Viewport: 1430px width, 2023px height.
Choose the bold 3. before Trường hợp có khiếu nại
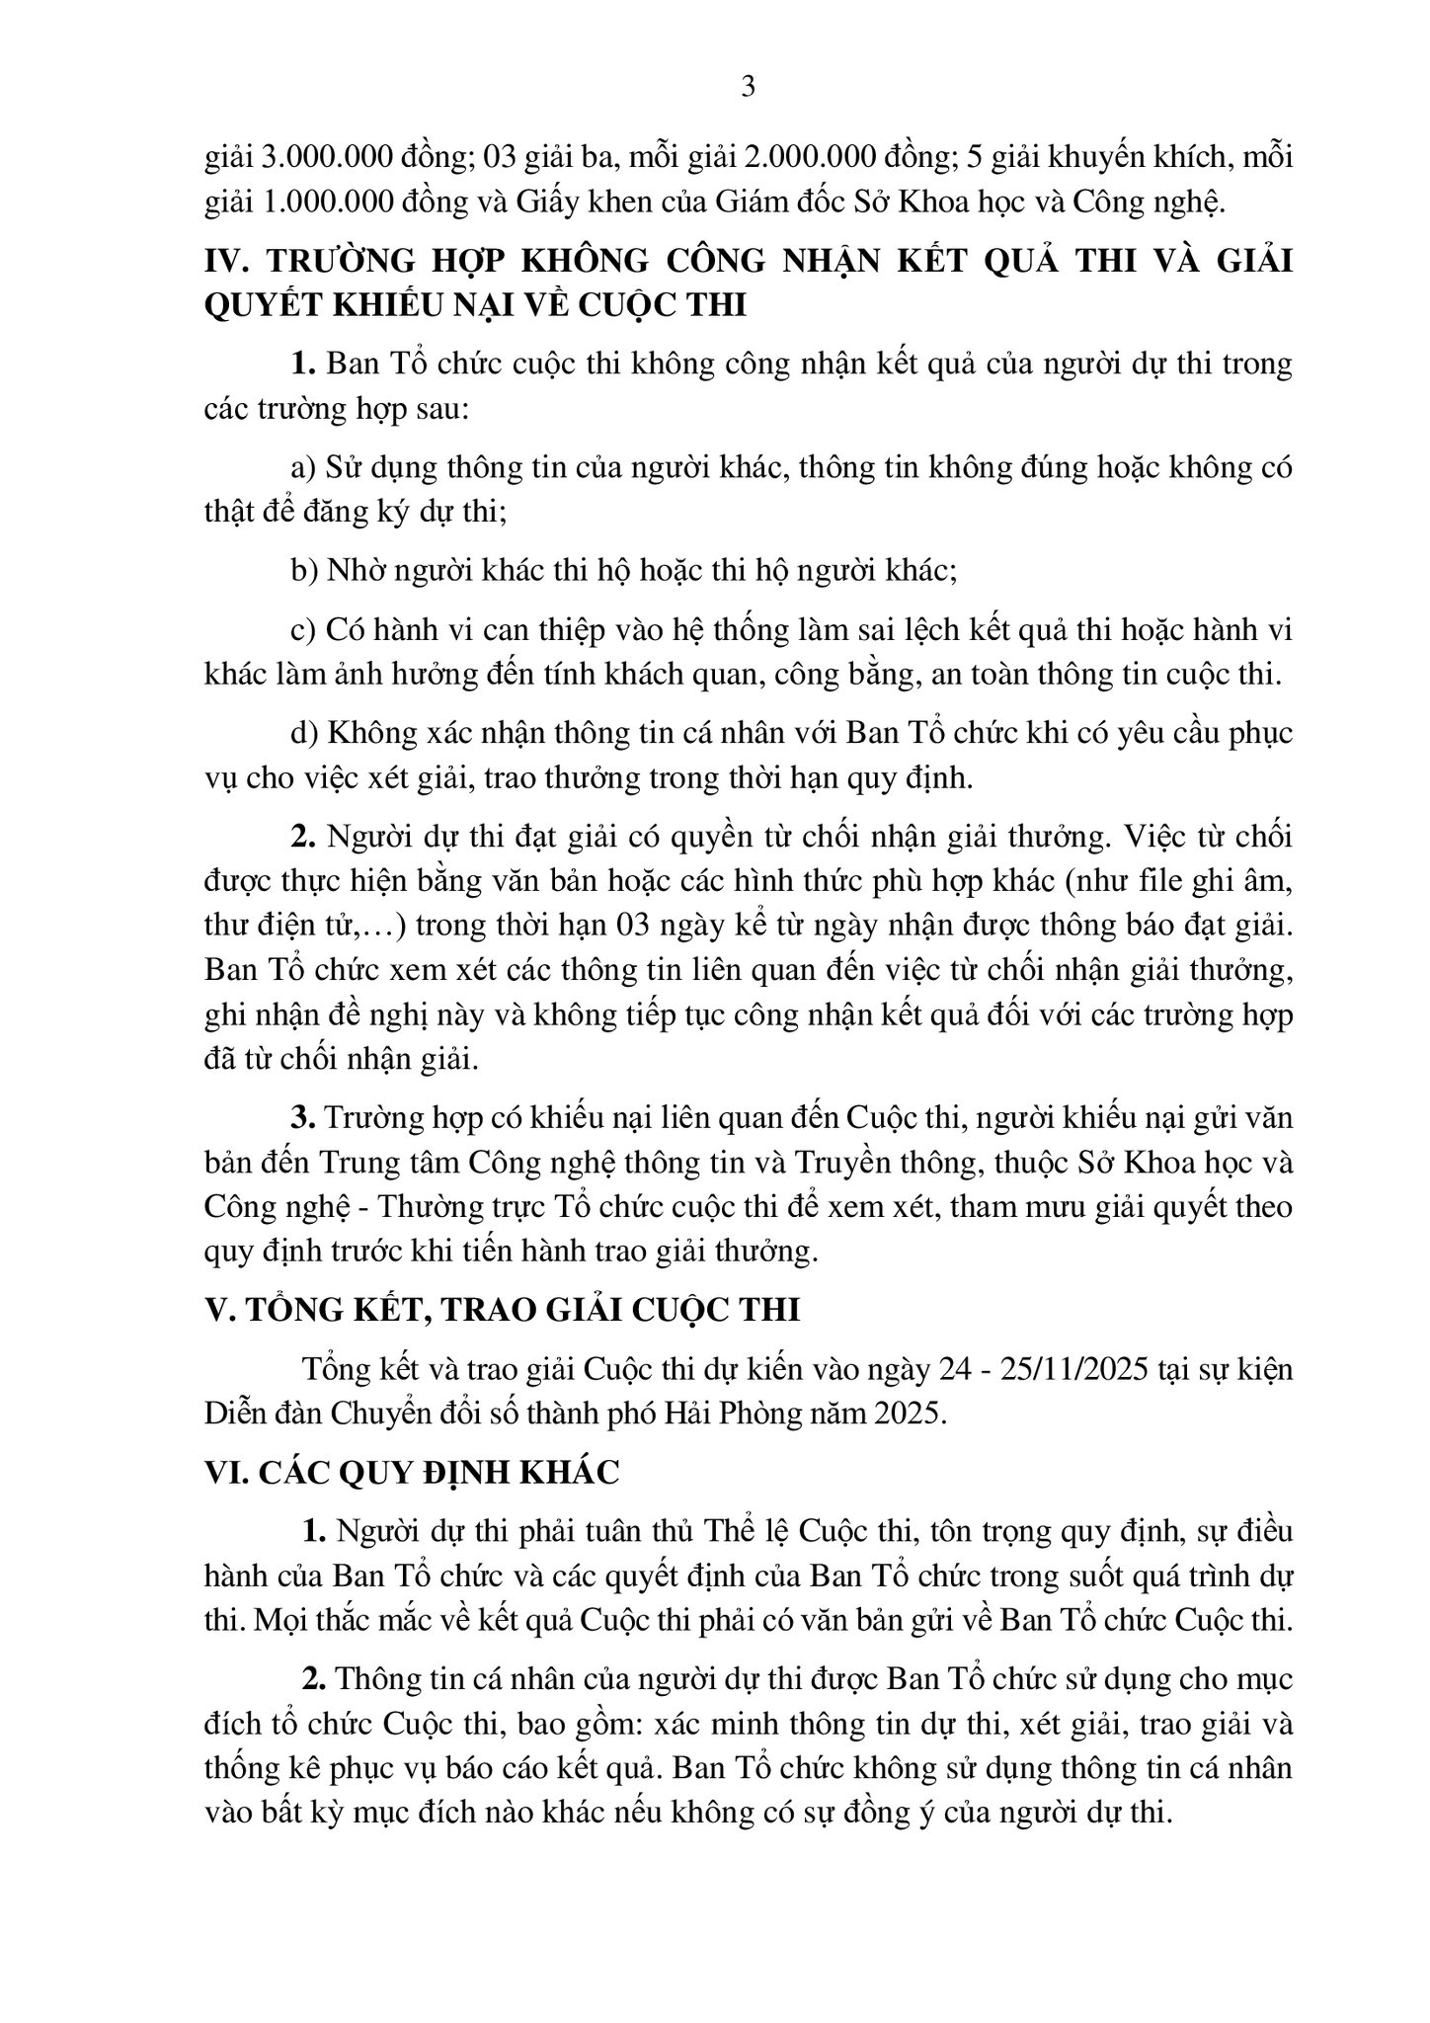pos(302,1118)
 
